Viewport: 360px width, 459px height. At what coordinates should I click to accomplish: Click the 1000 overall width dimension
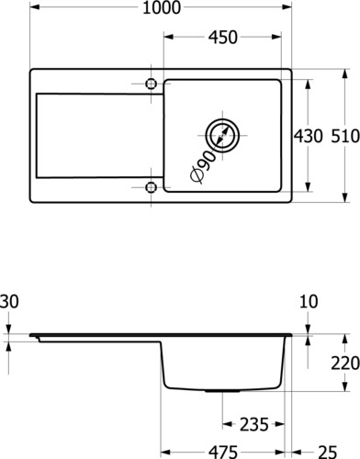pyautogui.click(x=162, y=8)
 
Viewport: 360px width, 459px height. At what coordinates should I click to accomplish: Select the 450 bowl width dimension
pyautogui.click(x=223, y=38)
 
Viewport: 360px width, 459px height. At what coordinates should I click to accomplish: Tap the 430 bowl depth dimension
pyautogui.click(x=309, y=136)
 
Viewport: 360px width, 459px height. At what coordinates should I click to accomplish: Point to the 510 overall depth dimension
pyautogui.click(x=345, y=136)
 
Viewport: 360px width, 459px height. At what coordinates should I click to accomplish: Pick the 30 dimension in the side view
pyautogui.click(x=9, y=301)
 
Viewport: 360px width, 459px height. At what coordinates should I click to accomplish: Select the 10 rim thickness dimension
pyautogui.click(x=309, y=301)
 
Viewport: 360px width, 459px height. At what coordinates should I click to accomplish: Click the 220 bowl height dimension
pyautogui.click(x=345, y=364)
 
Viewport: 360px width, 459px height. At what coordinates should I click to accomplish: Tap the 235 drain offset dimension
pyautogui.click(x=254, y=424)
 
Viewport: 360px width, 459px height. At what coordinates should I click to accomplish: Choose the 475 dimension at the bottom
pyautogui.click(x=223, y=452)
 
